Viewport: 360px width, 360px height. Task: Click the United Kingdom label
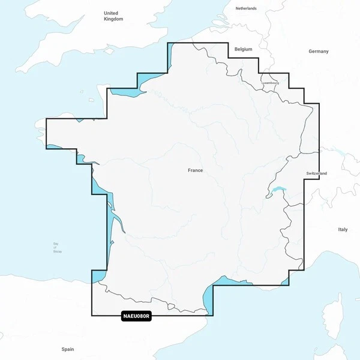pos(112,16)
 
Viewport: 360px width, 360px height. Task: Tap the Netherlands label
pos(246,8)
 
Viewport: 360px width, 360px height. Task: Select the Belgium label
pos(244,49)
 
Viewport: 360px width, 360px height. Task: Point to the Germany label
pos(319,52)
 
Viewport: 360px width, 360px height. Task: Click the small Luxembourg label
pos(270,83)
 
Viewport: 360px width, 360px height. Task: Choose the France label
pos(195,170)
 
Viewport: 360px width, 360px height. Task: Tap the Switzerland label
pos(316,173)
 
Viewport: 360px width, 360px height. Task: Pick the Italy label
pos(343,229)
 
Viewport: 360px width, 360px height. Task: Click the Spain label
pos(67,349)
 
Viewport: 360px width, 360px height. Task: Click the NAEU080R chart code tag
pos(136,316)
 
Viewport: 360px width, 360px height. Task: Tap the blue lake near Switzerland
pos(277,191)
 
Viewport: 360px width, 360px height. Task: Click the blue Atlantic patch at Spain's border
pos(98,276)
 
